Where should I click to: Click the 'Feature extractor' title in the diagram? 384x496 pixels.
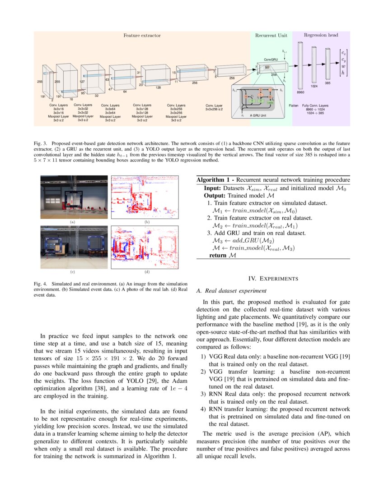click(x=142, y=35)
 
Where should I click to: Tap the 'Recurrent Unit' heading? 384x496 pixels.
click(x=271, y=35)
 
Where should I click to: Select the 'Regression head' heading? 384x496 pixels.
click(x=321, y=35)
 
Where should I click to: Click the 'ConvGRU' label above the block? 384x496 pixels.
click(x=271, y=60)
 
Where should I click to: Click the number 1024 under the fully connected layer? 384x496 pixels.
click(x=314, y=85)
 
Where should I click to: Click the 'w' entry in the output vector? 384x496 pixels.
click(x=343, y=66)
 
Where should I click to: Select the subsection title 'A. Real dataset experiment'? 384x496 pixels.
click(x=231, y=290)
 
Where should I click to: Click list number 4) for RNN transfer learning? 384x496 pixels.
click(x=203, y=409)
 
